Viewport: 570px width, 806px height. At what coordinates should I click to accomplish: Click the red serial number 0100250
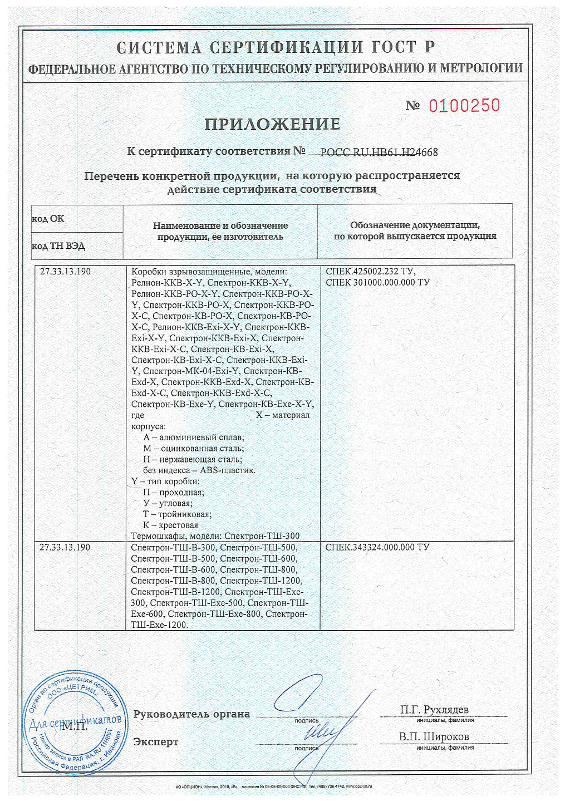click(464, 105)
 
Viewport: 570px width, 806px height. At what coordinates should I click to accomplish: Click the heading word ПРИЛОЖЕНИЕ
click(272, 124)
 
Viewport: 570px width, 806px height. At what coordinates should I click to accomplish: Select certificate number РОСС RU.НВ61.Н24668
click(379, 152)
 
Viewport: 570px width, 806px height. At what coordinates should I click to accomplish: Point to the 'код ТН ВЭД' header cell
click(58, 246)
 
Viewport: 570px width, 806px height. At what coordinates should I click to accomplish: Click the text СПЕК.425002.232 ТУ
click(370, 272)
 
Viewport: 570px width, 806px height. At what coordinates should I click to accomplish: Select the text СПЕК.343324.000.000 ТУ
click(377, 547)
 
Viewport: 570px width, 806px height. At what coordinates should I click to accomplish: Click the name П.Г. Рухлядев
click(434, 710)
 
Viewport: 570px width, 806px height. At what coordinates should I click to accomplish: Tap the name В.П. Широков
click(434, 736)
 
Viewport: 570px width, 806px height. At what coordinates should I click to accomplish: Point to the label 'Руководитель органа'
click(191, 714)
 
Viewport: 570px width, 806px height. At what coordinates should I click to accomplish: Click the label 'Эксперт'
click(156, 742)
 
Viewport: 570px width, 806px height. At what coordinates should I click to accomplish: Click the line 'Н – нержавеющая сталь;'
click(193, 459)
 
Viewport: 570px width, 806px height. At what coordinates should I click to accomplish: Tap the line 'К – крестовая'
click(170, 525)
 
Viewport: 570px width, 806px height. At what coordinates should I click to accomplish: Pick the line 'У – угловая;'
click(168, 503)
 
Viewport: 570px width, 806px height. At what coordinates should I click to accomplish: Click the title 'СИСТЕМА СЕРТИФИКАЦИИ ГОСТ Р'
click(276, 48)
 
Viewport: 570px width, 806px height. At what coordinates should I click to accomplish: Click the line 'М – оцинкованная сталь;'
click(193, 448)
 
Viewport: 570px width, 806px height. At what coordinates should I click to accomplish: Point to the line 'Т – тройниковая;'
click(177, 514)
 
